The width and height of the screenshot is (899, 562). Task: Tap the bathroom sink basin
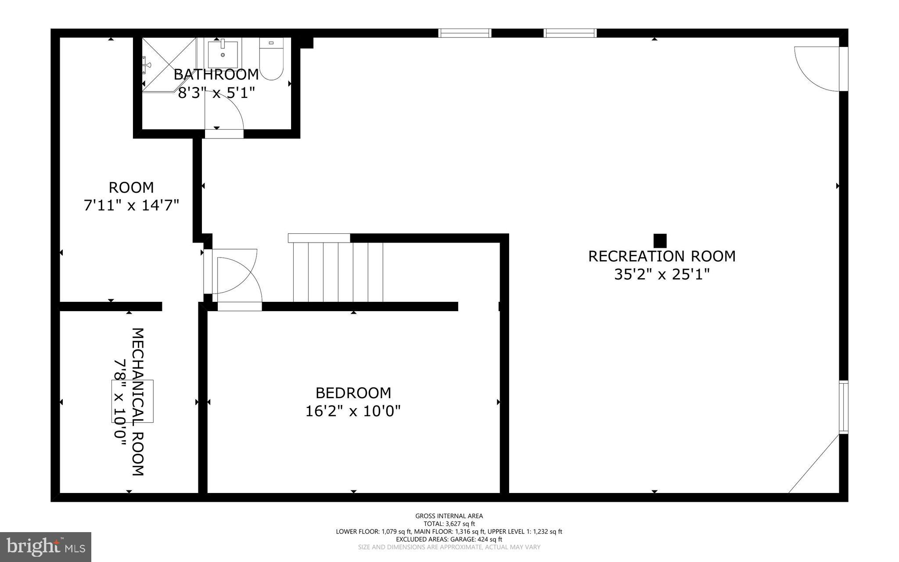click(223, 53)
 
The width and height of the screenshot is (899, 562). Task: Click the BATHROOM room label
click(216, 74)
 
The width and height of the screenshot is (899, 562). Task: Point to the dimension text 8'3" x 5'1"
click(216, 93)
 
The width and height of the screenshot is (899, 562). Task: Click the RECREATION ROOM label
click(662, 256)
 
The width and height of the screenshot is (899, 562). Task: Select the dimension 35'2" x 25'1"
click(662, 275)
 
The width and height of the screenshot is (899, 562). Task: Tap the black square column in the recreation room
click(660, 241)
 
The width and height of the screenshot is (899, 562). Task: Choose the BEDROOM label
click(353, 392)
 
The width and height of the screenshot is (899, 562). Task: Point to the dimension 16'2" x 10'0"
click(353, 411)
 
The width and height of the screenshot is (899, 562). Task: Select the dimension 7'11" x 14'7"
click(131, 205)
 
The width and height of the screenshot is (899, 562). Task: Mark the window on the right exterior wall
click(843, 407)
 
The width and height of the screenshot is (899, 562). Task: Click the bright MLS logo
click(46, 547)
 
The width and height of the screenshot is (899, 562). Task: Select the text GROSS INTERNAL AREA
click(449, 516)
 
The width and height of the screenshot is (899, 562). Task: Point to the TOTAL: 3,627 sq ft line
click(449, 524)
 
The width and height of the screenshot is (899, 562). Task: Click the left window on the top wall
click(464, 33)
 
